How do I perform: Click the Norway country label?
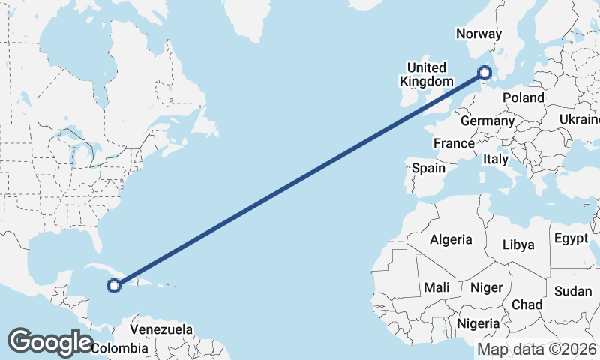pyautogui.click(x=478, y=34)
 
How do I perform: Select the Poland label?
pyautogui.click(x=523, y=98)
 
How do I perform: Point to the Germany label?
pyautogui.click(x=487, y=121)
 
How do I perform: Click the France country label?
pyautogui.click(x=454, y=143)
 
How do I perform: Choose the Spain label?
pyautogui.click(x=428, y=169)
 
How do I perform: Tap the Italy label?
pyautogui.click(x=496, y=159)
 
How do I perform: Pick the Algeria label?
pyautogui.click(x=451, y=240)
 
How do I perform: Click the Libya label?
pyautogui.click(x=518, y=245)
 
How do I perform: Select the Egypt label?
pyautogui.click(x=571, y=239)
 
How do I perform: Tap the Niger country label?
pyautogui.click(x=485, y=287)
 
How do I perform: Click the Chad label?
pyautogui.click(x=526, y=304)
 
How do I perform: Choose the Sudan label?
pyautogui.click(x=573, y=291)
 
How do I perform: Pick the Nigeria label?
pyautogui.click(x=478, y=323)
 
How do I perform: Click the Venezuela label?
pyautogui.click(x=161, y=329)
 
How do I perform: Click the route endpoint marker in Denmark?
pyautogui.click(x=484, y=73)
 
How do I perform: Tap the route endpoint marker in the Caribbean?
pyautogui.click(x=114, y=285)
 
